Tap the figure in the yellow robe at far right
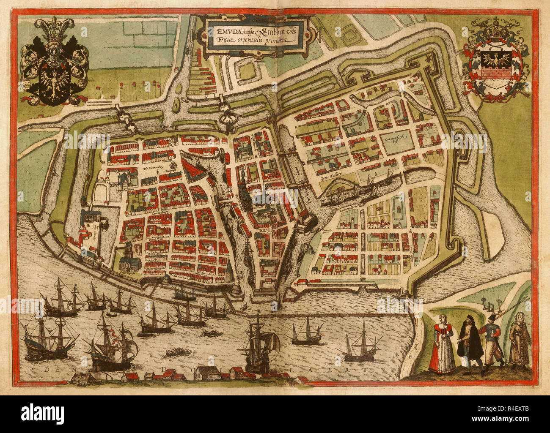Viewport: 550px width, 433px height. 519,338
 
